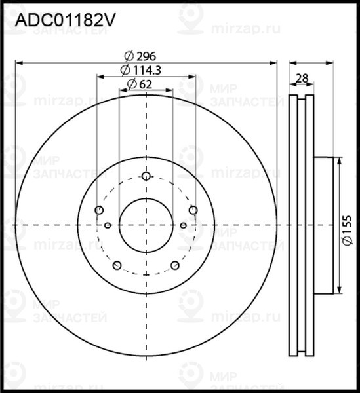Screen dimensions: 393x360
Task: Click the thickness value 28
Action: coord(302,79)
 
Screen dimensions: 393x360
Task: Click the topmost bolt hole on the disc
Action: coord(146,176)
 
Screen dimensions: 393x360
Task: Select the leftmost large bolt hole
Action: coord(99,210)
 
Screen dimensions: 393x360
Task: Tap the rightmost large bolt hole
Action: coord(193,210)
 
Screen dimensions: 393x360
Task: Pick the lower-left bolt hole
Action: coord(117,265)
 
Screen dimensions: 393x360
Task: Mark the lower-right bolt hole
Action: coord(175,265)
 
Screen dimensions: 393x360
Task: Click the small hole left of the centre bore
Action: coord(108,225)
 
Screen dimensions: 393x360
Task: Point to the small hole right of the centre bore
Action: coord(183,225)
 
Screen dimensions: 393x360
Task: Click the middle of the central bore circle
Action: coord(146,225)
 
